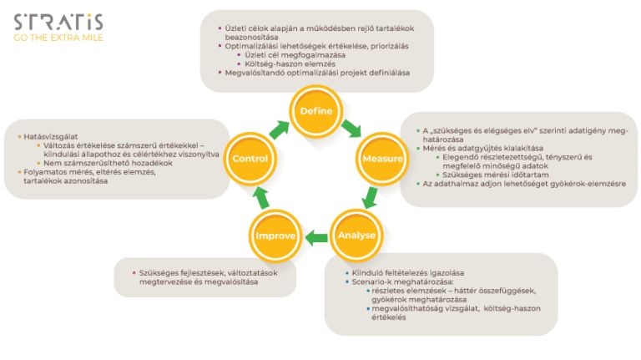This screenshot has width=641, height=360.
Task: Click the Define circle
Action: pos(316,111)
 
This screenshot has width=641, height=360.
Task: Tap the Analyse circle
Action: pos(357,236)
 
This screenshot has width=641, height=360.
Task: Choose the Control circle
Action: pos(250,158)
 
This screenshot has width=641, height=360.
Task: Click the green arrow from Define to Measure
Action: pos(351,128)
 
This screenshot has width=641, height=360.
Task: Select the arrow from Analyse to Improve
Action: pos(316,239)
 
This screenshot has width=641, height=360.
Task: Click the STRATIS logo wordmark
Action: pos(58,22)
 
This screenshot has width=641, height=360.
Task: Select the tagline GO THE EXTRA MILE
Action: pos(58,37)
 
